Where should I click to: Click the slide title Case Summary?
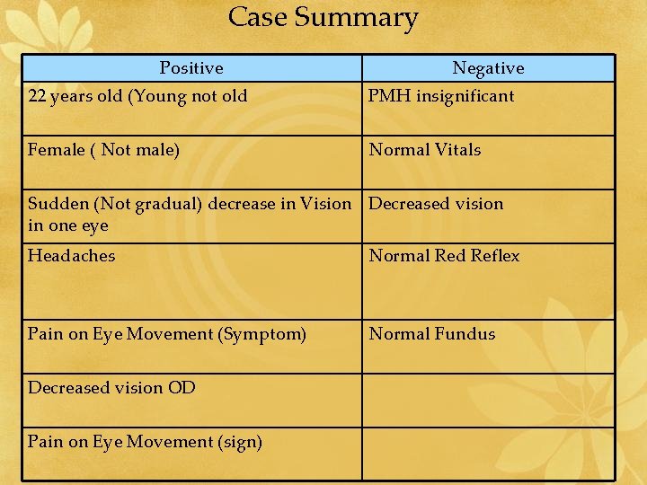(x=323, y=18)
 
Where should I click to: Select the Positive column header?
(x=191, y=68)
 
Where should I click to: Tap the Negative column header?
(x=488, y=68)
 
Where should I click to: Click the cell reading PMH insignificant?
(x=441, y=96)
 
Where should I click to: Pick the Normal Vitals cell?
(x=425, y=150)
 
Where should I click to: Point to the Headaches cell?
(x=72, y=256)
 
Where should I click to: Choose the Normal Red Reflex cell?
(x=444, y=256)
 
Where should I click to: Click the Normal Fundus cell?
(x=432, y=334)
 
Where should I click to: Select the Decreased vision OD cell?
(x=111, y=388)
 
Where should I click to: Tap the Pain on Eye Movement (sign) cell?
(x=145, y=442)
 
